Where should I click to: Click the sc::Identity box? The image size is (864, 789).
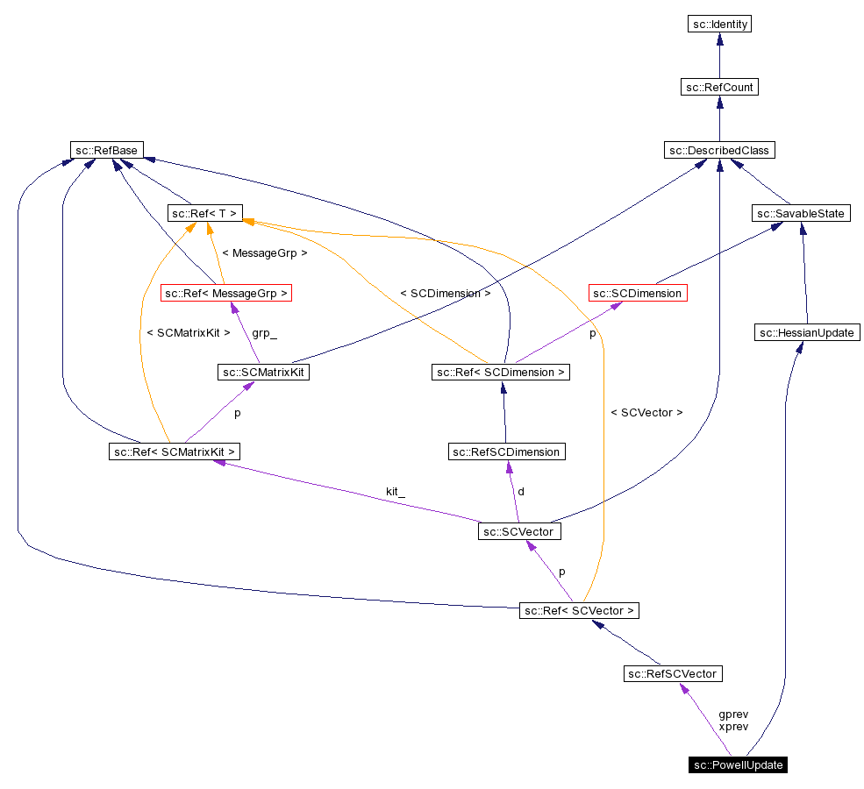(719, 25)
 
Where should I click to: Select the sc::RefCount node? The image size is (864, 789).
(719, 87)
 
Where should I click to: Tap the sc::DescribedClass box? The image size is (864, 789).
(719, 150)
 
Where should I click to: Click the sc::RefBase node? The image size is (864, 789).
(108, 150)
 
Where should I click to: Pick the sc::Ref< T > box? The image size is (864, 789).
(204, 213)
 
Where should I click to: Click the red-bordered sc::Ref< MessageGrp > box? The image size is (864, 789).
(226, 293)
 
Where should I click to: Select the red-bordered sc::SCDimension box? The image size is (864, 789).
(637, 293)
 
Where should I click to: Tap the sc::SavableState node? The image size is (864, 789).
(801, 213)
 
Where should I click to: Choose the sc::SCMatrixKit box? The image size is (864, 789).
(264, 372)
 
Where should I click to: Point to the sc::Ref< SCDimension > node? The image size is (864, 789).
(502, 372)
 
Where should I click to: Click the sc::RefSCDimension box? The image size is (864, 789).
(506, 451)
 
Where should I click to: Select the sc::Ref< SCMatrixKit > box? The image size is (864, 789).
(175, 451)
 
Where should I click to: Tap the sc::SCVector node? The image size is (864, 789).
(519, 531)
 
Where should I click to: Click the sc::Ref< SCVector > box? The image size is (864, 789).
(580, 610)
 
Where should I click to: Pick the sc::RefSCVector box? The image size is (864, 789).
(673, 673)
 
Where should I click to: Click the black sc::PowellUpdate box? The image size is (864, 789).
(738, 764)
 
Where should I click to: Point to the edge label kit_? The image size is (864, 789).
(396, 492)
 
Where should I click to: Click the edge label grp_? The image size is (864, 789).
(264, 333)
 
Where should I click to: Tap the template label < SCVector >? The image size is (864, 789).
(646, 412)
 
